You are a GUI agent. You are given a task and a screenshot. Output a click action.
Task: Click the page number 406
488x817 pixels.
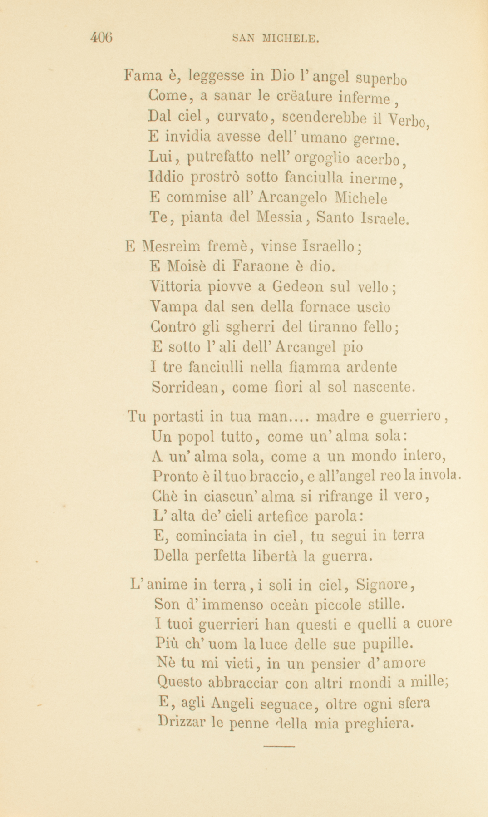point(101,37)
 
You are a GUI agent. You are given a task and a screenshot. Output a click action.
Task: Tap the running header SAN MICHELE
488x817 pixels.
point(276,38)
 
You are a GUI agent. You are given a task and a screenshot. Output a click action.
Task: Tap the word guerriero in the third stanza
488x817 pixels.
point(410,416)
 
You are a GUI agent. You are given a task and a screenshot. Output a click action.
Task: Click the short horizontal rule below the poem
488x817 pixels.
point(279,745)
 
